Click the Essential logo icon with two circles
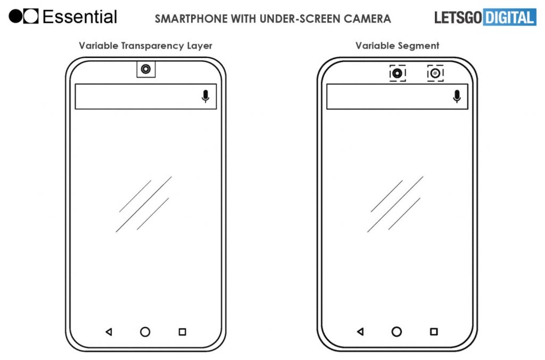(x=23, y=17)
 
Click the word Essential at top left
(x=80, y=17)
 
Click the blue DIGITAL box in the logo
(x=509, y=17)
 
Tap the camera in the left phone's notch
(x=146, y=69)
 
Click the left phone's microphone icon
(x=205, y=96)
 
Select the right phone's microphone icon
(x=457, y=96)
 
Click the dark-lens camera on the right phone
(x=397, y=73)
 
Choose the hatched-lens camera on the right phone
(x=435, y=73)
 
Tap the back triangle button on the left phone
(x=109, y=332)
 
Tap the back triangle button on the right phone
(x=360, y=331)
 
